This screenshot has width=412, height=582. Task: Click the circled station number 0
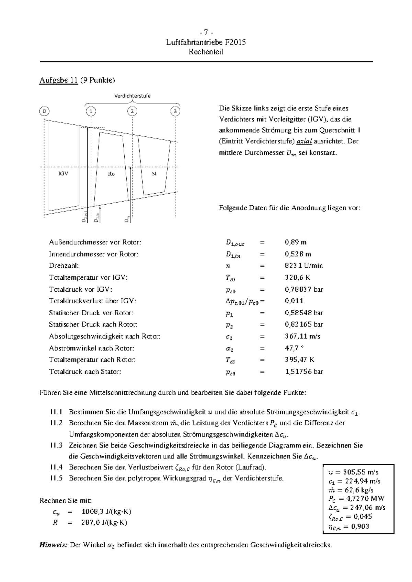[x=44, y=111]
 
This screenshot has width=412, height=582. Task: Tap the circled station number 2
[x=132, y=111]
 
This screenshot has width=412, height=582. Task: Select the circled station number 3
[x=175, y=111]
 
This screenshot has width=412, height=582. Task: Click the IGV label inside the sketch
[x=63, y=174]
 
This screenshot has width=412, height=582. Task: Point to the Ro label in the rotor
[x=111, y=174]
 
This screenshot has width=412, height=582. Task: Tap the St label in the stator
[x=154, y=174]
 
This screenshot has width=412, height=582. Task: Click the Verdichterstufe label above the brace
[x=132, y=96]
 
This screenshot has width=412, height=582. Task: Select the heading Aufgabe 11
[x=58, y=80]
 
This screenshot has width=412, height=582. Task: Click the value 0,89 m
[x=296, y=242]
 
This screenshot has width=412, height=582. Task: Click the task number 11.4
[x=56, y=467]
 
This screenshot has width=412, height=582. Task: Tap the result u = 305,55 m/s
[x=354, y=472]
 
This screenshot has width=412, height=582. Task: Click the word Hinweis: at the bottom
[x=53, y=545]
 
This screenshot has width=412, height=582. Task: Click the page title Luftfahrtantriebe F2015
[x=206, y=43]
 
